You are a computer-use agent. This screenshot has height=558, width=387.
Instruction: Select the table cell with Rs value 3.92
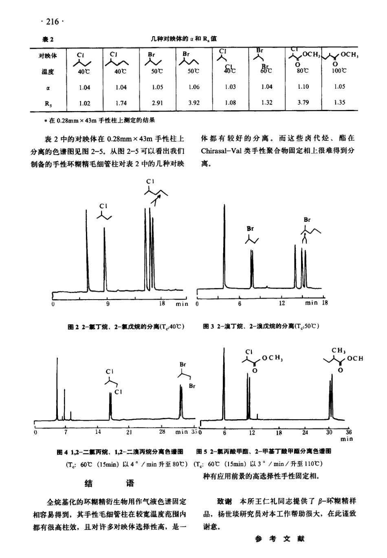pyautogui.click(x=194, y=103)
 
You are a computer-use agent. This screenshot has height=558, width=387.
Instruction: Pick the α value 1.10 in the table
pyautogui.click(x=303, y=87)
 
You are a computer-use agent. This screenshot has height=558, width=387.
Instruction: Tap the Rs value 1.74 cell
pyautogui.click(x=121, y=103)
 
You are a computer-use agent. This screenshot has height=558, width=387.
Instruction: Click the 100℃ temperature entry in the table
pyautogui.click(x=339, y=71)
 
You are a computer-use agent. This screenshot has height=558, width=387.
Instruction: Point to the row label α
pyautogui.click(x=48, y=87)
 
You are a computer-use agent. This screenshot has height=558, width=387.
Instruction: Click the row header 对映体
pyautogui.click(x=48, y=56)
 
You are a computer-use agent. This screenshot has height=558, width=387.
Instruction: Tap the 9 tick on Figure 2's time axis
pyautogui.click(x=108, y=304)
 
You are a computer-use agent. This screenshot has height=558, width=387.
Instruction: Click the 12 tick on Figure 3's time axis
pyautogui.click(x=282, y=303)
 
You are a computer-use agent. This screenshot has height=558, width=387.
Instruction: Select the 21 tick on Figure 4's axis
pyautogui.click(x=129, y=432)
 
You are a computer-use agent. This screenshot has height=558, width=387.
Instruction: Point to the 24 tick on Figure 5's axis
pyautogui.click(x=305, y=433)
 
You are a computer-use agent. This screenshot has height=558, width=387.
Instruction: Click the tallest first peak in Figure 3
pyautogui.click(x=224, y=244)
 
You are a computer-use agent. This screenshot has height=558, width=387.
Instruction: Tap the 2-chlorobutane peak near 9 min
pyautogui.click(x=104, y=260)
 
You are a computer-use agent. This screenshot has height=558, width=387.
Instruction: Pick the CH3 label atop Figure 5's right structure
pyautogui.click(x=339, y=350)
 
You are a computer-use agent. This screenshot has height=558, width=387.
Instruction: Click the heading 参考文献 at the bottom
pyautogui.click(x=279, y=539)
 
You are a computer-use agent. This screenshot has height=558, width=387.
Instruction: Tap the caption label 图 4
pyautogui.click(x=63, y=451)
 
